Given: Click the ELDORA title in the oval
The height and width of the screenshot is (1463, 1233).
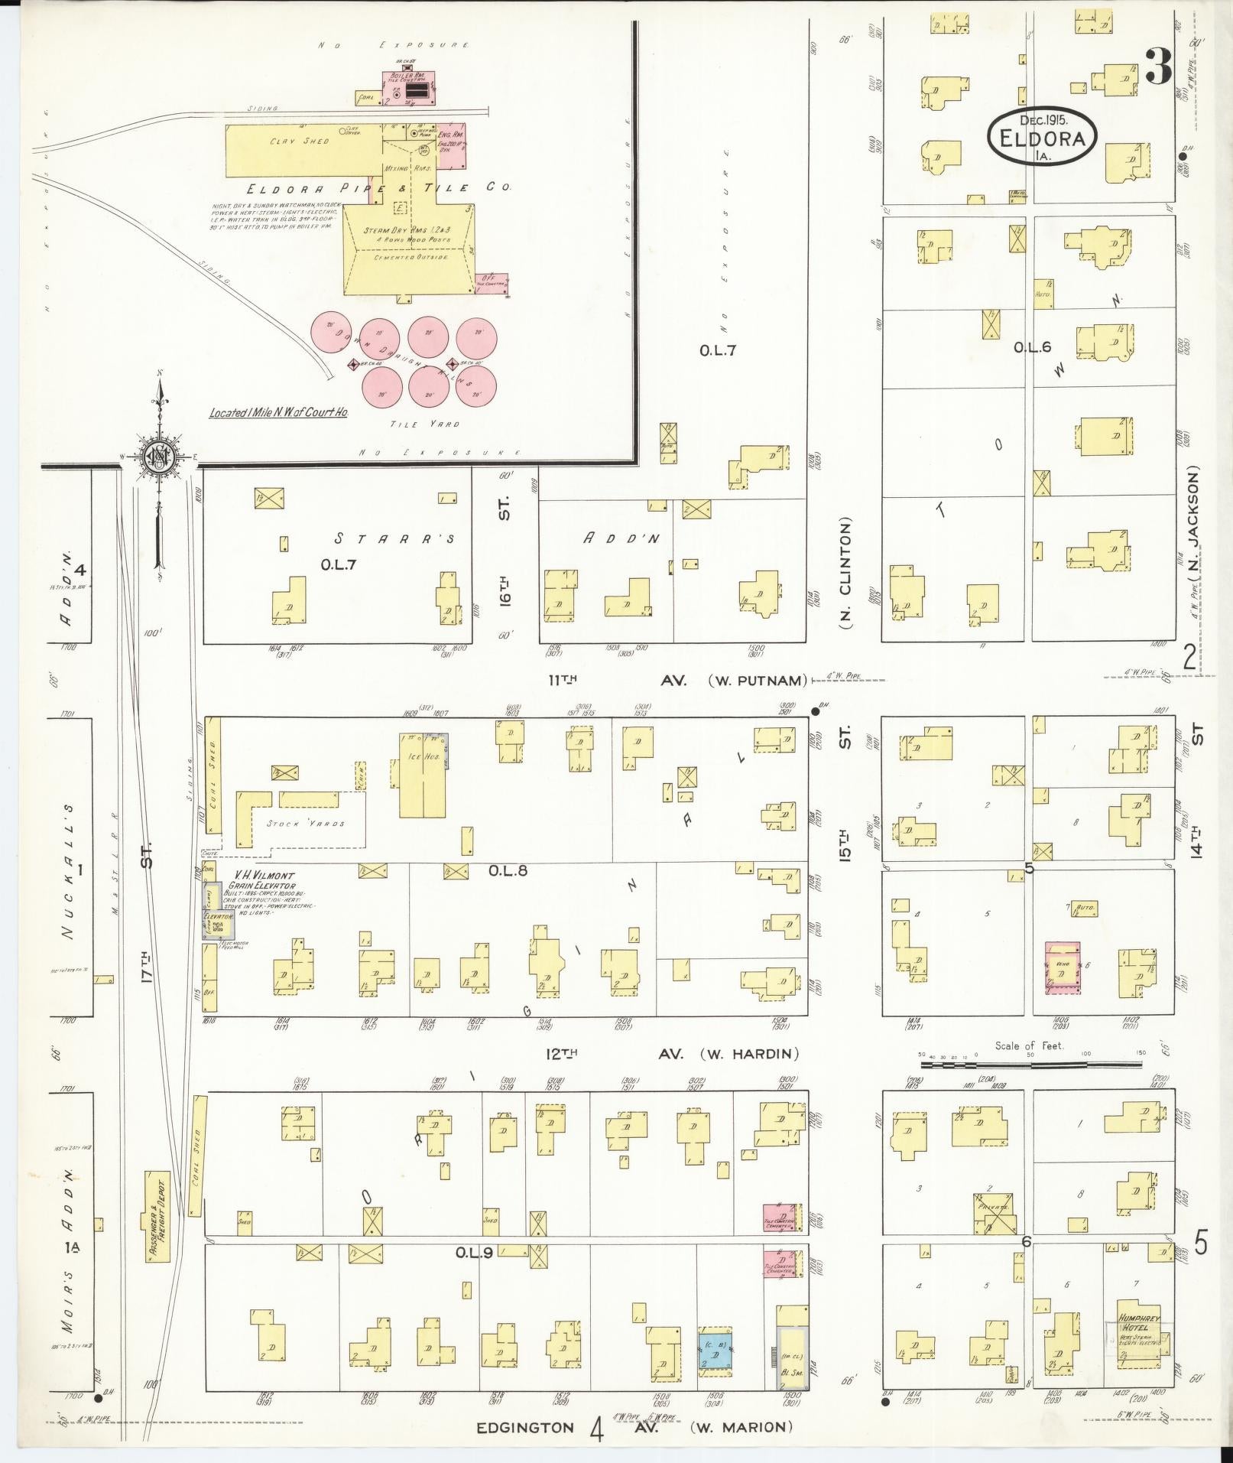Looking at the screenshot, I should point(1043,139).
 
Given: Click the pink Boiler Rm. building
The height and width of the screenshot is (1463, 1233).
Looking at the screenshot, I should point(409,89).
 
